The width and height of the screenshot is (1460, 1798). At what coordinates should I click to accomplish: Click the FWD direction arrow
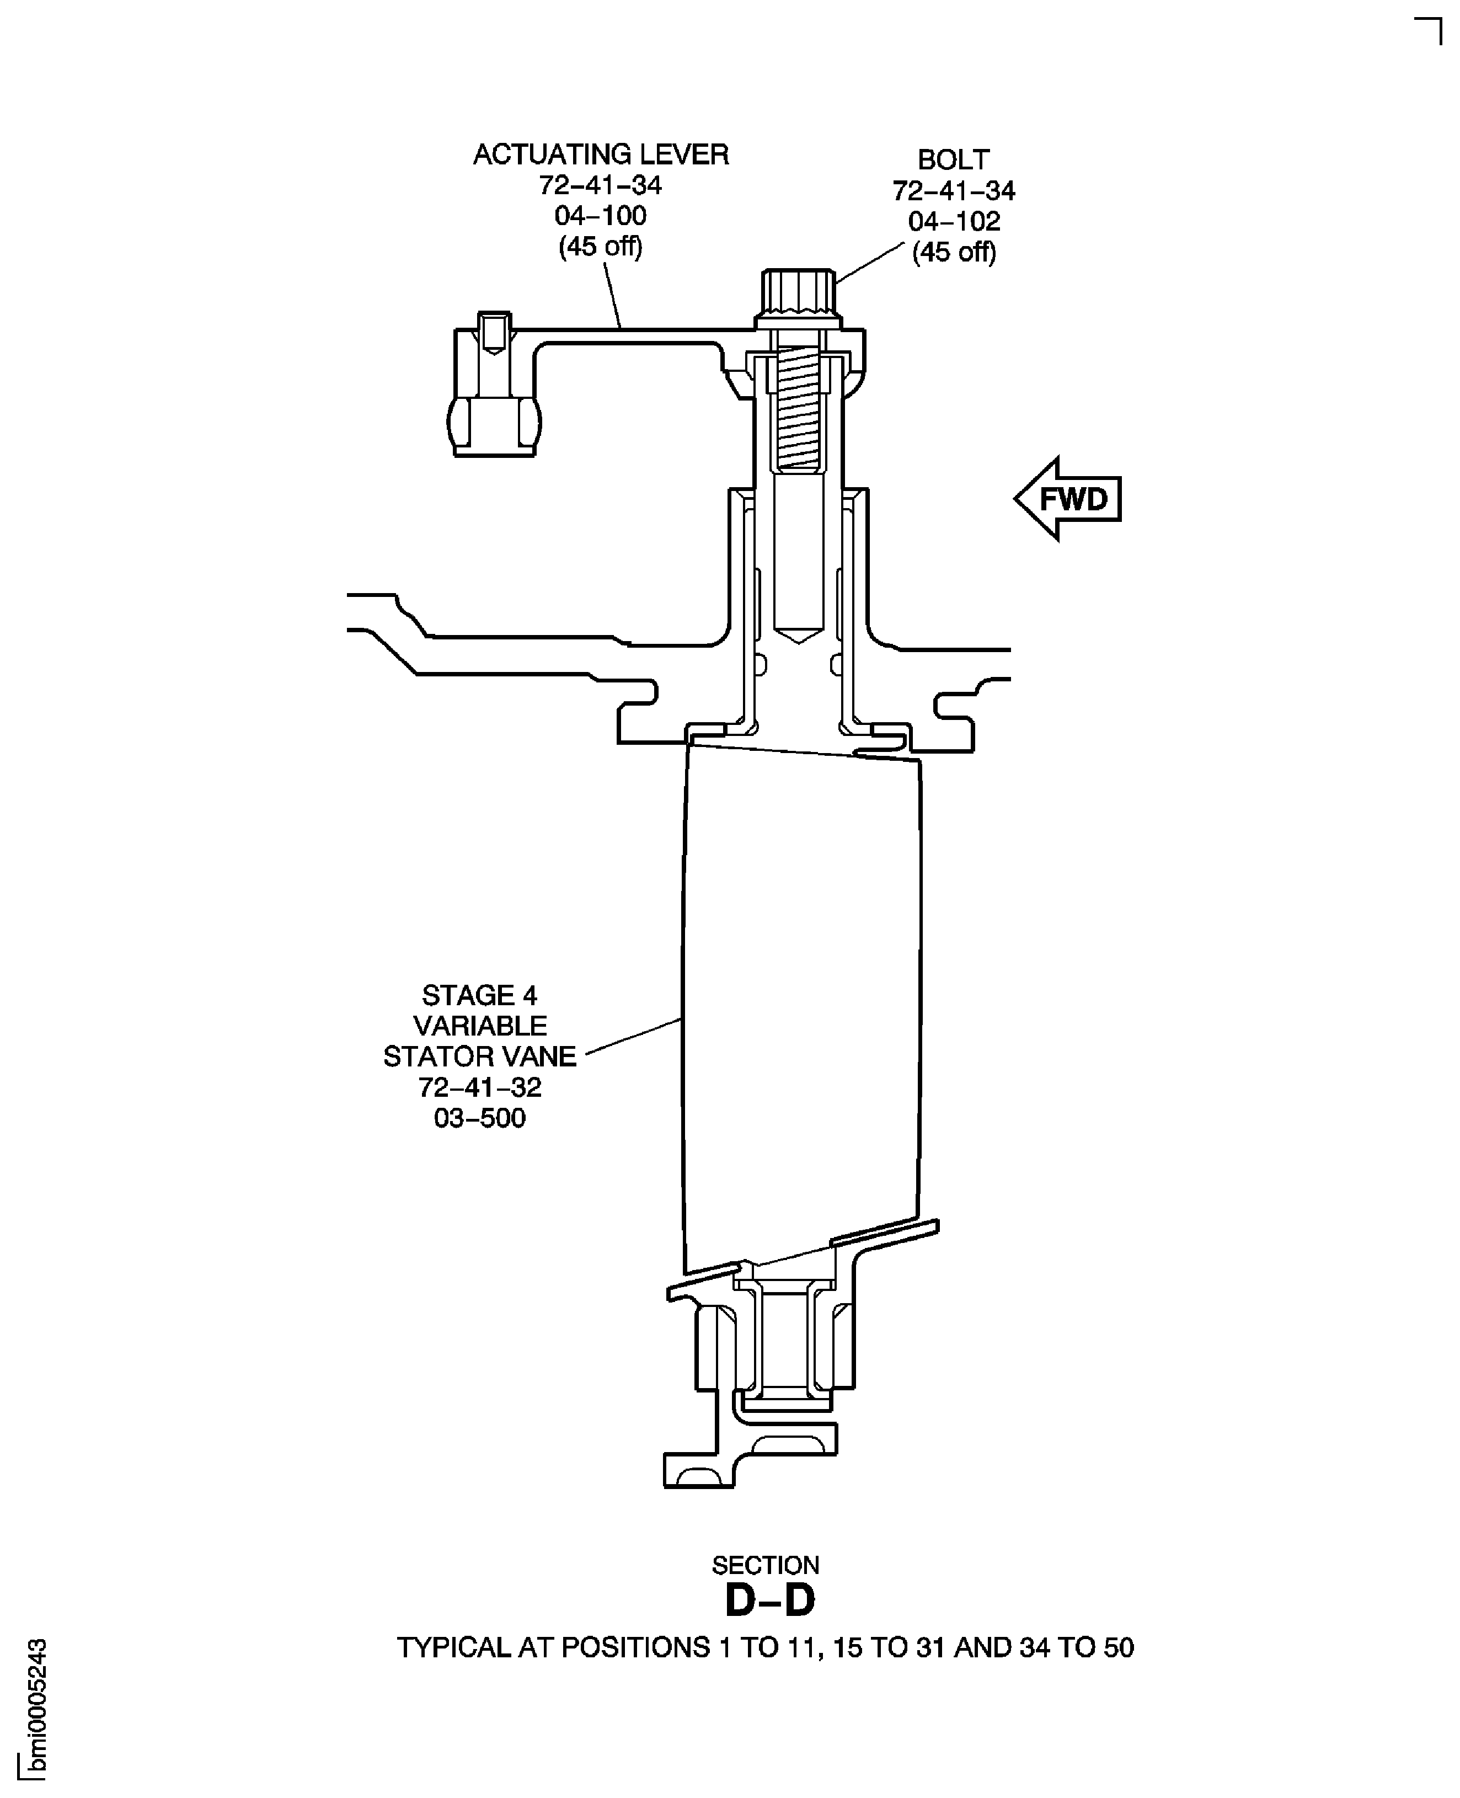(1068, 499)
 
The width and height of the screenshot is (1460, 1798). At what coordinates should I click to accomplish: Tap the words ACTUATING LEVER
(601, 155)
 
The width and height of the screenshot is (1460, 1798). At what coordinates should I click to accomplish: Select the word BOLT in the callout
(953, 160)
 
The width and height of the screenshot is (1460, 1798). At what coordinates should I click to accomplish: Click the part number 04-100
(601, 216)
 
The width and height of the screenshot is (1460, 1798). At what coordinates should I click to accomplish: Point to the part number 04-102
(954, 221)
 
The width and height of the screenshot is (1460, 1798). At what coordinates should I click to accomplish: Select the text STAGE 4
(479, 996)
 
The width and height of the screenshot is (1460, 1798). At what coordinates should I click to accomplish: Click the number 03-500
(479, 1118)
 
